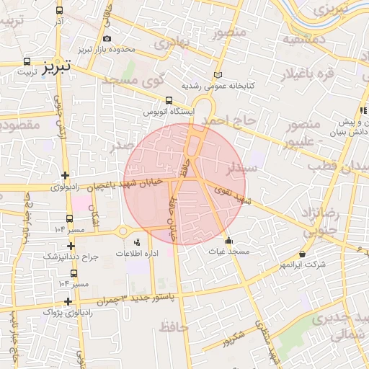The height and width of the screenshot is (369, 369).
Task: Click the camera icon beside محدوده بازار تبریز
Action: click(107, 39)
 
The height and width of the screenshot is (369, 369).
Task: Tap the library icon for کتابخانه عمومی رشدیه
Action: click(218, 75)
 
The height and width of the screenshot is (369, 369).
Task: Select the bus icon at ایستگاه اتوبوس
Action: click(169, 101)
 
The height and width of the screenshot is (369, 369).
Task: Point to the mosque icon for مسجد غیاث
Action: click(229, 241)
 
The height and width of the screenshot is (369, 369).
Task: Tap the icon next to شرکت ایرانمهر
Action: click(301, 254)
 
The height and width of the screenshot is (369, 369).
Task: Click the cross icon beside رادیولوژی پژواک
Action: click(67, 302)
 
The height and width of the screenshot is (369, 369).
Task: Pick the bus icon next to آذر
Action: click(59, 11)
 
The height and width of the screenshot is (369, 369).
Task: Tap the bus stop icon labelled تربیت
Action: click(27, 61)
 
